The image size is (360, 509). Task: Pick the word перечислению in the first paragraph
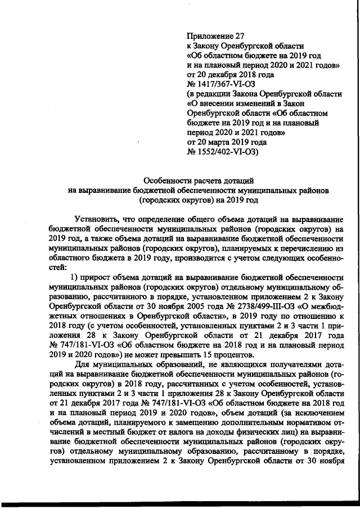[x=301, y=248]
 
